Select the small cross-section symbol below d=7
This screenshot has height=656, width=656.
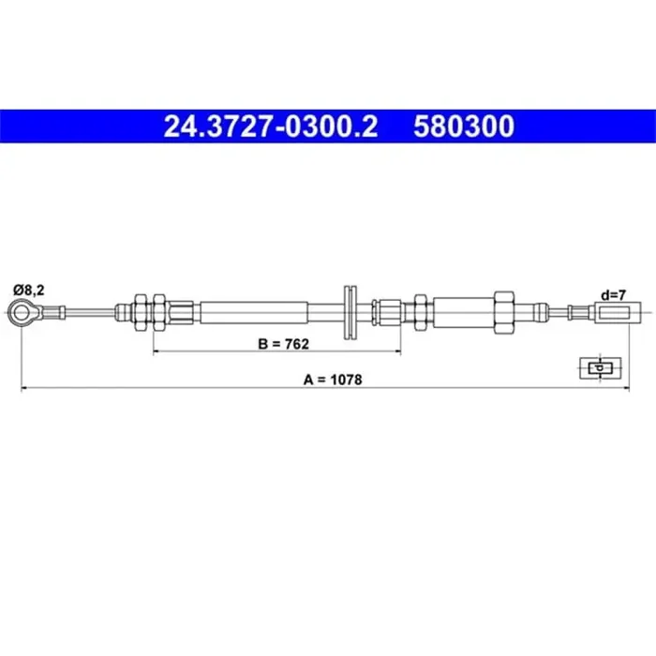coord(597,368)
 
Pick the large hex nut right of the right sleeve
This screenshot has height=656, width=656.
coord(503,309)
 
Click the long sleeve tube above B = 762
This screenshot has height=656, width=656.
coord(253,310)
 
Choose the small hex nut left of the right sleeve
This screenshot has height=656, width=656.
coord(422,309)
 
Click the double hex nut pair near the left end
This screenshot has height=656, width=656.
coord(151,310)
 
